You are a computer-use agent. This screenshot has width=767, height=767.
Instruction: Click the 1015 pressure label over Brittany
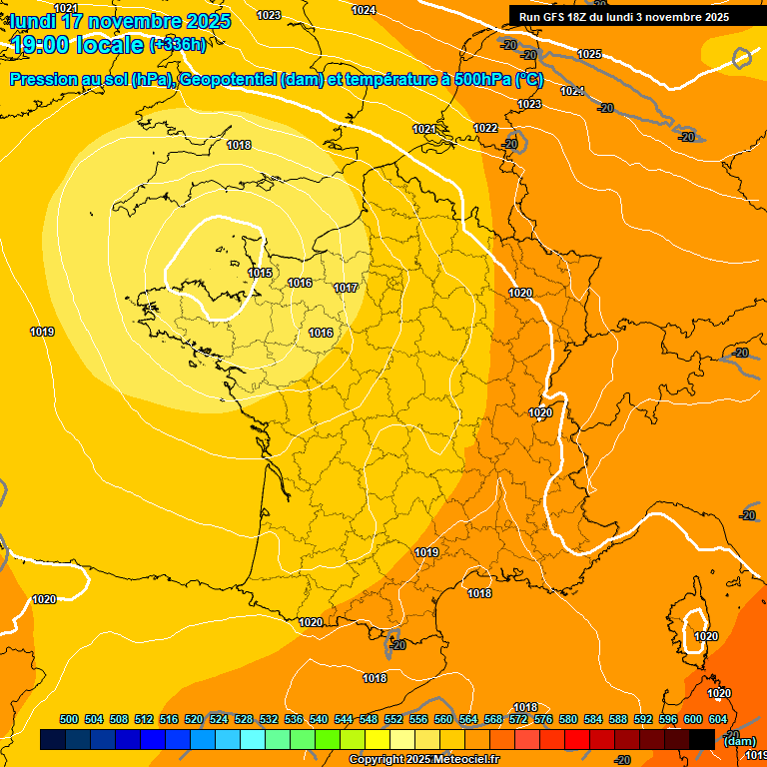pos(260,273)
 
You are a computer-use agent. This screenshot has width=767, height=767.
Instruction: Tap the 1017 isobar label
pos(346,288)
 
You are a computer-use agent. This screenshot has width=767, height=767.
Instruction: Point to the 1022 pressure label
pos(485,128)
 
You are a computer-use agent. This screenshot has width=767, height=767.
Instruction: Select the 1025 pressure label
pos(589,54)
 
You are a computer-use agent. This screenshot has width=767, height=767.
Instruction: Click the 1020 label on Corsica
pos(706,636)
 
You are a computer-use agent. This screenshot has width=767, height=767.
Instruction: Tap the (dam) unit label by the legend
pos(739,740)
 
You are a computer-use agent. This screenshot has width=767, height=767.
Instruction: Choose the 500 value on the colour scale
pos(69,719)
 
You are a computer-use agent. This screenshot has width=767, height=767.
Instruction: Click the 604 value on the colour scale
pos(718,719)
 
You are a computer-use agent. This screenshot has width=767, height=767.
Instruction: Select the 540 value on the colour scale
pos(319,719)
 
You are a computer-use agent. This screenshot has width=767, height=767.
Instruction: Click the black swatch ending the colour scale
pos(702,739)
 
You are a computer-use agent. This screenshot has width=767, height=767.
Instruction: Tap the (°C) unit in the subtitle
pos(529,80)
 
